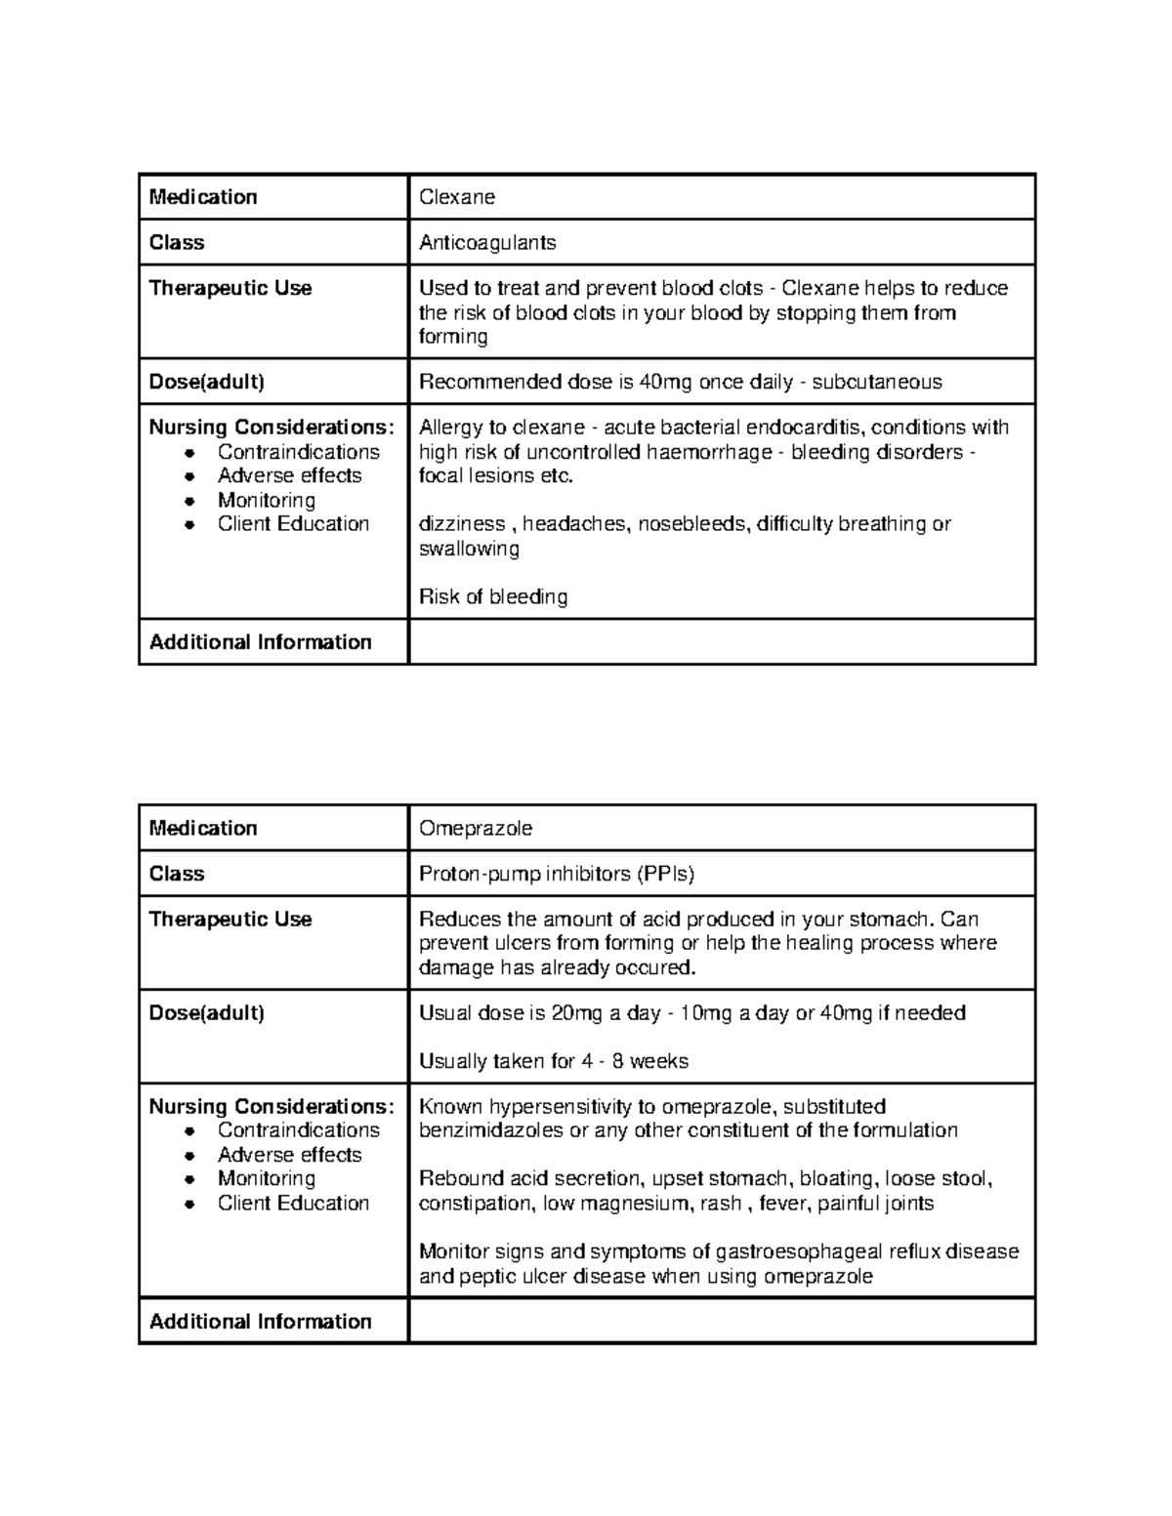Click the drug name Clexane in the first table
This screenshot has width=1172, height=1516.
click(456, 197)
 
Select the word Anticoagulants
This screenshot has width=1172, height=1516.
click(486, 243)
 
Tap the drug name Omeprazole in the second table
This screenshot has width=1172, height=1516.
click(475, 829)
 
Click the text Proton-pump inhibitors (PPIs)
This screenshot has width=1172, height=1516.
click(556, 874)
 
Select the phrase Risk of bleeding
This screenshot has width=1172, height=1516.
click(492, 596)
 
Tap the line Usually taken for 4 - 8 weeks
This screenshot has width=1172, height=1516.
click(553, 1061)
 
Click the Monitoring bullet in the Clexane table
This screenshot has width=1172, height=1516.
click(266, 500)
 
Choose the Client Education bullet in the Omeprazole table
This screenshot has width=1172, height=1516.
click(293, 1203)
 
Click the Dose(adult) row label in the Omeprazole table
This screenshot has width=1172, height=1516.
click(206, 1013)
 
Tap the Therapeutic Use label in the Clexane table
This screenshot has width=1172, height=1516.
click(230, 288)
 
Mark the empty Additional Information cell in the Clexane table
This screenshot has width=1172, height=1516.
click(721, 642)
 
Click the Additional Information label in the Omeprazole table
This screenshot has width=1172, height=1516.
click(260, 1322)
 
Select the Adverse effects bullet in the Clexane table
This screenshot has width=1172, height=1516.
click(289, 475)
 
